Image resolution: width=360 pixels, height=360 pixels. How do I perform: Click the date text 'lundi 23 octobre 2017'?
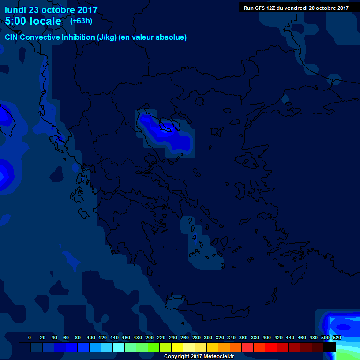coord(51,10)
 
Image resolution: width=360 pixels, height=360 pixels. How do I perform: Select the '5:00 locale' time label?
coord(33,21)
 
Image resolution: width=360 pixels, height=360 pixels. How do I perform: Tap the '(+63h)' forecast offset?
coord(81,21)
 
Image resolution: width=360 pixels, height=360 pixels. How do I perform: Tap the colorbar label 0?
coord(30,337)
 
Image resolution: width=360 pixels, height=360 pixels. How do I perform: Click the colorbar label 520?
coord(336,337)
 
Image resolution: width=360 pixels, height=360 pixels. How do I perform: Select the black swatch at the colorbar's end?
coord(330,347)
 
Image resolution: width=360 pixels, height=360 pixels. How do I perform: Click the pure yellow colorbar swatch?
coord(177,347)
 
